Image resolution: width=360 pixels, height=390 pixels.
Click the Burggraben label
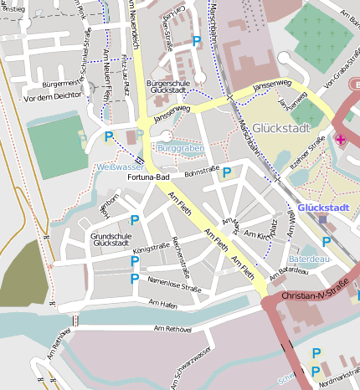(x=180, y=147)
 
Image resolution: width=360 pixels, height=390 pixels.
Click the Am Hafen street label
(x=163, y=302)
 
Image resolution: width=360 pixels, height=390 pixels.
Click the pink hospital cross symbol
(x=340, y=138)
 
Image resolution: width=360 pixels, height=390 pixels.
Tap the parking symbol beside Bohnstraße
(x=226, y=172)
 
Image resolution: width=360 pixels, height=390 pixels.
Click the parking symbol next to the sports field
(x=109, y=136)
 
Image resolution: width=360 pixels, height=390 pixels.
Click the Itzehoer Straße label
(x=309, y=161)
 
